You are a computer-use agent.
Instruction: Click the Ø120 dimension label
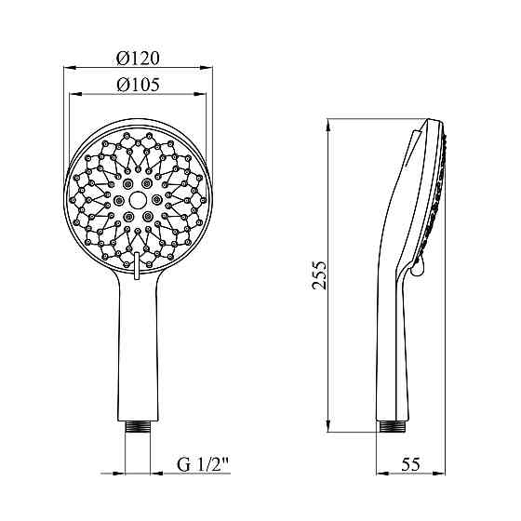click(x=138, y=58)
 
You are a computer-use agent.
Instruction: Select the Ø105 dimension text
click(x=138, y=85)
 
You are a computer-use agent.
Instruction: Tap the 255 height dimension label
click(x=320, y=275)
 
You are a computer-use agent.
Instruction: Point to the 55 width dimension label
click(x=410, y=464)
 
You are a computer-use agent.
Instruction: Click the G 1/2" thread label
click(x=203, y=464)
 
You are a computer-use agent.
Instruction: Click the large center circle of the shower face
click(x=138, y=200)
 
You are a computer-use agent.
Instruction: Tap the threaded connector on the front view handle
click(x=138, y=427)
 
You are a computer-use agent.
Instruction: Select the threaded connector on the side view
click(x=392, y=427)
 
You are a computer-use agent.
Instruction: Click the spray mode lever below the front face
click(x=136, y=266)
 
